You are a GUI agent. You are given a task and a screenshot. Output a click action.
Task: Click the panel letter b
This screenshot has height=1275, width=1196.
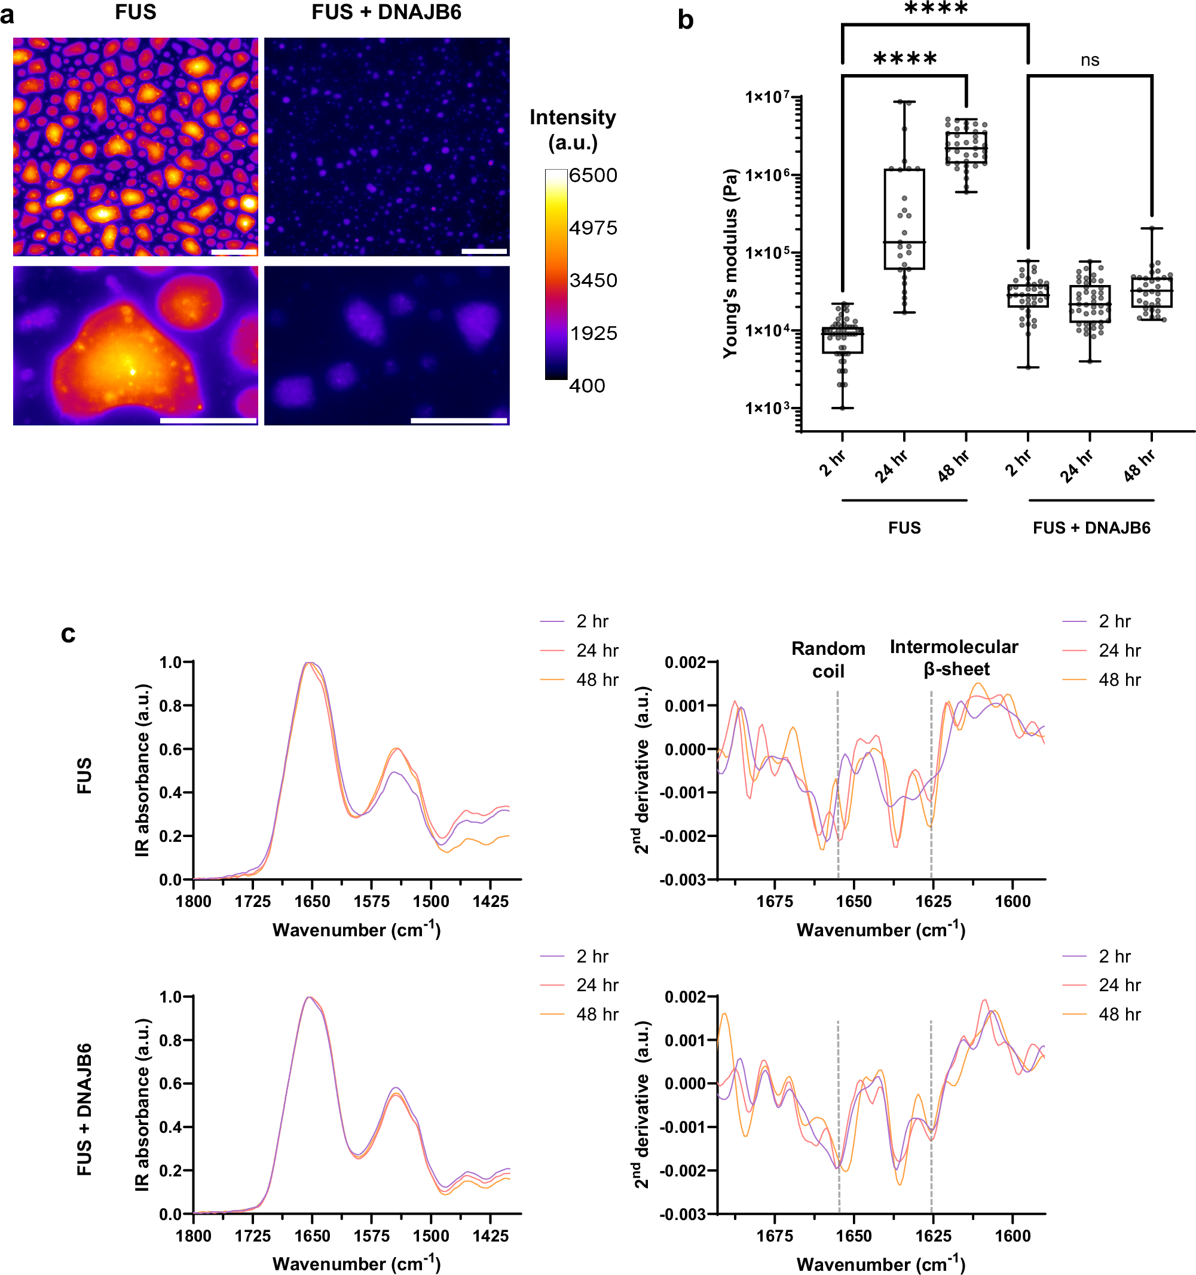[685, 20]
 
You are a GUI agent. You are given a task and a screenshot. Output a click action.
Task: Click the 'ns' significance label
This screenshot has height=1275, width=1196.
[1090, 60]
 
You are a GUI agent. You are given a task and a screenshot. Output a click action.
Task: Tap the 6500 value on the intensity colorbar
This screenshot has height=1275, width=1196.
[593, 175]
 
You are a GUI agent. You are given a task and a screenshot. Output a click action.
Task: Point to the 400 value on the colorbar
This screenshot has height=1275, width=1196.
[586, 385]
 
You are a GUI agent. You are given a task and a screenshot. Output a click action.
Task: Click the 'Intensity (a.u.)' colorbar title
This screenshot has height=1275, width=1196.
[573, 129]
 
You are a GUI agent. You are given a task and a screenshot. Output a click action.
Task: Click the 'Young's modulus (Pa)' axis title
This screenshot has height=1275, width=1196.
[730, 263]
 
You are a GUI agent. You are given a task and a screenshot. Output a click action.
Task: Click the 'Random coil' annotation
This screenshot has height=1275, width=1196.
[828, 659]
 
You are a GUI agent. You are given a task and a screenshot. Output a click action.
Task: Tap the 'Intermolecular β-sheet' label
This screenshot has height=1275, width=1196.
[953, 657]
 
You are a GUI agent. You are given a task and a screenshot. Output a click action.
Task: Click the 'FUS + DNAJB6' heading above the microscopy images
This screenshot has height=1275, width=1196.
[386, 12]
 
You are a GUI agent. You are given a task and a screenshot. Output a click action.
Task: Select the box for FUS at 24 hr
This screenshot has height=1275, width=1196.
[904, 219]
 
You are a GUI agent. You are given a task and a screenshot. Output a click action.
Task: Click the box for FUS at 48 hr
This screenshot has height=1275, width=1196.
[966, 148]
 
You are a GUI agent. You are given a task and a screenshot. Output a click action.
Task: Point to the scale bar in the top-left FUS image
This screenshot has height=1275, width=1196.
[234, 252]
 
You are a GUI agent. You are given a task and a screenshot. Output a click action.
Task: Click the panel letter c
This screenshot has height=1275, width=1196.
[68, 634]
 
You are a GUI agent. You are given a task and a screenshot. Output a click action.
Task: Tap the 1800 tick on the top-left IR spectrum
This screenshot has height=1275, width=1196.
[193, 901]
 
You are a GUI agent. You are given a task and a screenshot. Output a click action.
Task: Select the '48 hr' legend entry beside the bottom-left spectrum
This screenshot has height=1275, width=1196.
[597, 1014]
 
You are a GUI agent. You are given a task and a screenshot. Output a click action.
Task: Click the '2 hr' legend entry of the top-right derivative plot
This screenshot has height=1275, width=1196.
[1114, 621]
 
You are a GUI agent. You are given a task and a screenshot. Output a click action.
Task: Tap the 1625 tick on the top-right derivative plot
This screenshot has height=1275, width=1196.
[932, 901]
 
